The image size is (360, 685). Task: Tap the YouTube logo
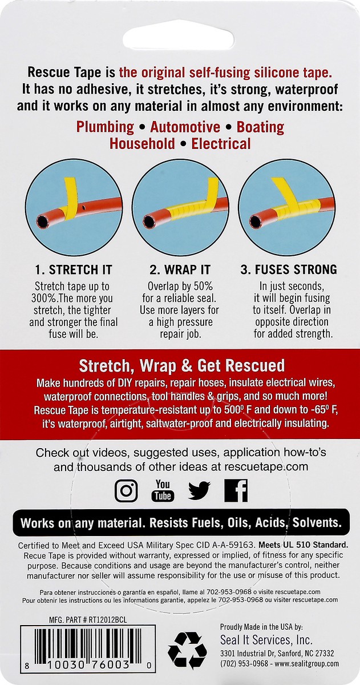click(163, 490)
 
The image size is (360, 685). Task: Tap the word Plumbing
click(105, 127)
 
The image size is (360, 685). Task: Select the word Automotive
click(185, 127)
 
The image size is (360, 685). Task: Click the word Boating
click(260, 127)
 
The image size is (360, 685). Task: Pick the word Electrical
click(221, 143)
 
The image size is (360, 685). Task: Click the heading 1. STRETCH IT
click(73, 269)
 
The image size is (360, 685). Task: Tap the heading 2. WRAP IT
click(180, 269)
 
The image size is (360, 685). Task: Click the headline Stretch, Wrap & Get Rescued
click(181, 365)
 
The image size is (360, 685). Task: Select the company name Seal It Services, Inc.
click(266, 640)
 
